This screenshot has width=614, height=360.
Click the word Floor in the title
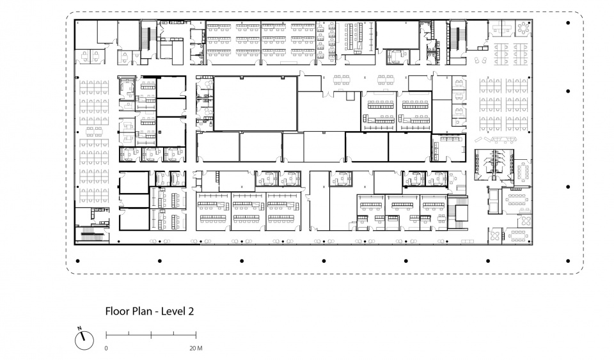(x=116, y=311)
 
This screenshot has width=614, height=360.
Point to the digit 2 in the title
(x=191, y=311)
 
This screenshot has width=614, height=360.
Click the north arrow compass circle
(x=84, y=340)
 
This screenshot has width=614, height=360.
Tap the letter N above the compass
(x=79, y=328)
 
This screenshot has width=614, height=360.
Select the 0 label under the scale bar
(x=106, y=348)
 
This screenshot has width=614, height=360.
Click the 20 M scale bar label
(x=196, y=348)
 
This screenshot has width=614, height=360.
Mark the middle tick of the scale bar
(x=151, y=333)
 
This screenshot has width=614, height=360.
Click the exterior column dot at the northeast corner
(x=568, y=22)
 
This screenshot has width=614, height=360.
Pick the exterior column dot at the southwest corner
(x=78, y=261)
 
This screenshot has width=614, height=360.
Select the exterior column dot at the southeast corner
(x=568, y=261)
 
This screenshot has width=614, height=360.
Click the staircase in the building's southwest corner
(x=92, y=235)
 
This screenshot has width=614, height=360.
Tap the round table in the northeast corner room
(x=523, y=27)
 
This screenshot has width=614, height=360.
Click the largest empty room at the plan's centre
(x=255, y=104)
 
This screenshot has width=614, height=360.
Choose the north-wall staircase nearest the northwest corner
(x=146, y=39)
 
